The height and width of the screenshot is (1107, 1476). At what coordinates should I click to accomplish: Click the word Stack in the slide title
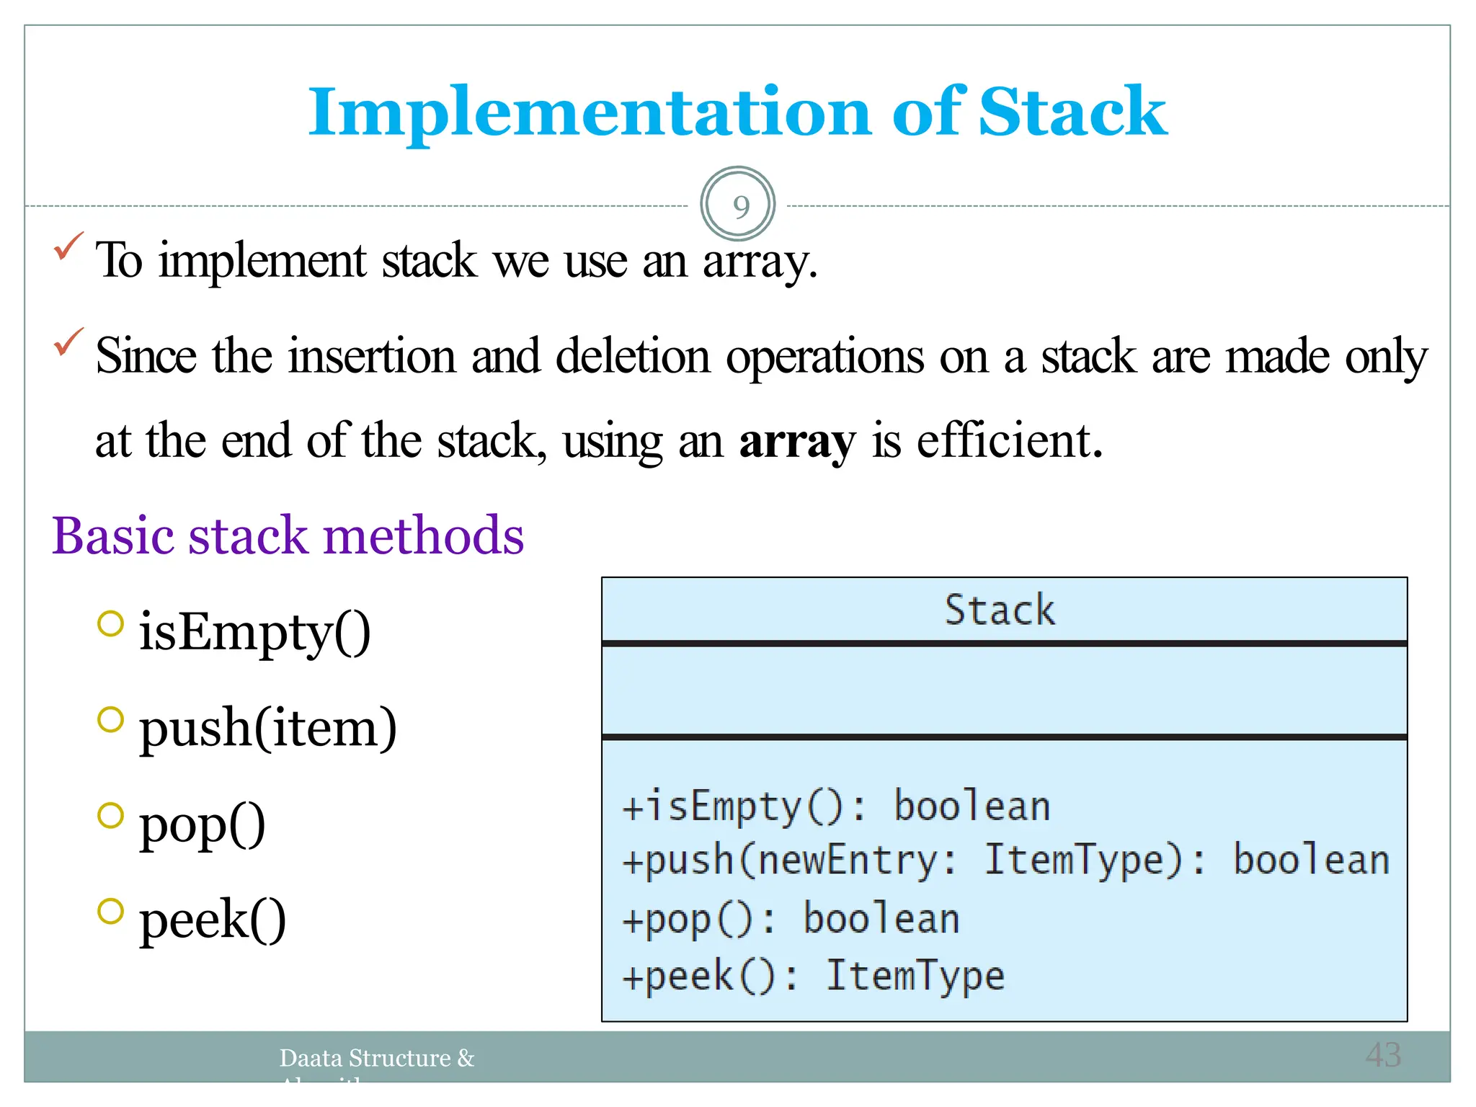pos(1072,112)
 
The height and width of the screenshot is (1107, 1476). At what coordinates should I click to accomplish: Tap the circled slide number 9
pos(738,205)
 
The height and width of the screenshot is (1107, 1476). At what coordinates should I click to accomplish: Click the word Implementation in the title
pos(590,113)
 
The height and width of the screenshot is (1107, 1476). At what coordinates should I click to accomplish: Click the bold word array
pos(797,441)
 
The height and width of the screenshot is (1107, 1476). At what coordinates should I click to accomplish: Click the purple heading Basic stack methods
pos(288,536)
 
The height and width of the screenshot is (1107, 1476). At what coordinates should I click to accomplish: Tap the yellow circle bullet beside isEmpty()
pos(110,623)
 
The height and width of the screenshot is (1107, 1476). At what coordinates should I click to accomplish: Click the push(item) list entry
pos(267,728)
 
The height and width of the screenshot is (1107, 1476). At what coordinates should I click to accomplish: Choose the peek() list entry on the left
pos(213,920)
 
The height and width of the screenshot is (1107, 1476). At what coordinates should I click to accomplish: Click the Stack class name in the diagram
pos(1000,610)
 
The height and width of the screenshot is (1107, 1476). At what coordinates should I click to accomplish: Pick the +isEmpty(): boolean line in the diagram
pos(836,806)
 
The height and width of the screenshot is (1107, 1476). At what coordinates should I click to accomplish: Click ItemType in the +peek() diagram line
pos(915,977)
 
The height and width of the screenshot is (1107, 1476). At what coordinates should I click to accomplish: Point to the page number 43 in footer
pos(1383,1055)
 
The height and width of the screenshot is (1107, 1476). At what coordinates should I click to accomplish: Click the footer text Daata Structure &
pos(377,1058)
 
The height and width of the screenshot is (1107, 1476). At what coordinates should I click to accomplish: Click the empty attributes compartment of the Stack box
pos(1004,690)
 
